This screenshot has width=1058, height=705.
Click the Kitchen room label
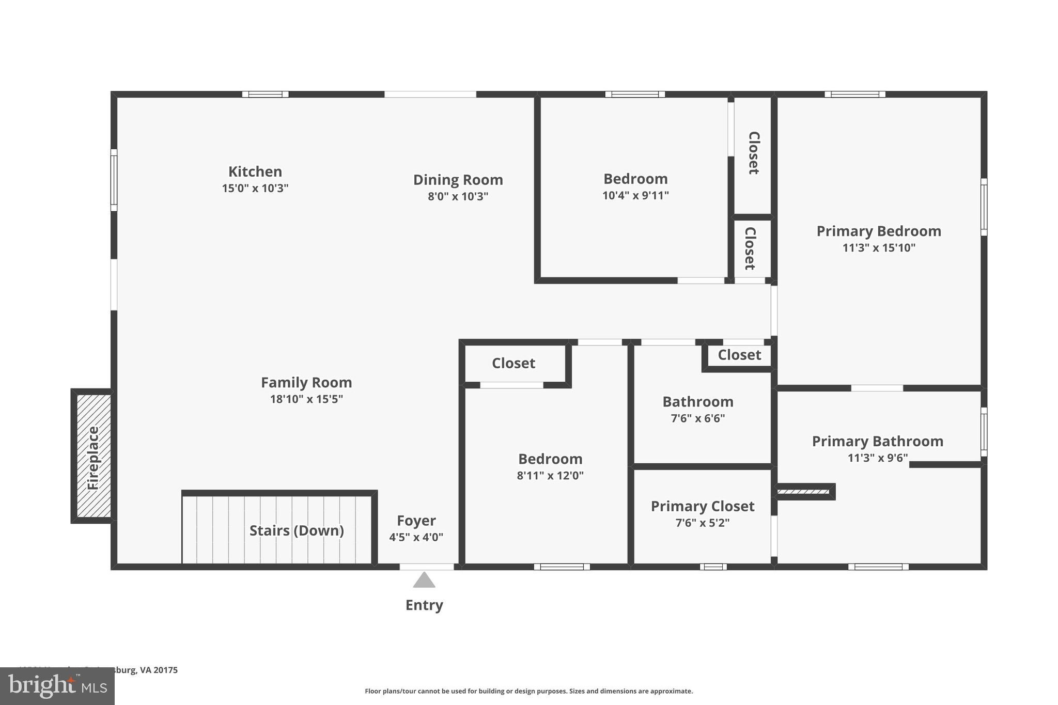pyautogui.click(x=255, y=171)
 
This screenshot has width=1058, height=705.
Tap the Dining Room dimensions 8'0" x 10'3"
pyautogui.click(x=458, y=197)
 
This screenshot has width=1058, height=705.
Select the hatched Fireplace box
pyautogui.click(x=94, y=456)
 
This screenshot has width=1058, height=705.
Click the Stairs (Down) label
pyautogui.click(x=297, y=530)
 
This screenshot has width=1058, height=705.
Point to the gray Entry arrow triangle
pyautogui.click(x=424, y=581)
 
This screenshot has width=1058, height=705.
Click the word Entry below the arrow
pyautogui.click(x=424, y=605)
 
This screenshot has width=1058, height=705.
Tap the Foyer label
pyautogui.click(x=416, y=521)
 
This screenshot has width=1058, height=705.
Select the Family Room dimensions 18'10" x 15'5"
pyautogui.click(x=306, y=399)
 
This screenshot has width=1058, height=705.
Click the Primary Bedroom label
pyautogui.click(x=879, y=231)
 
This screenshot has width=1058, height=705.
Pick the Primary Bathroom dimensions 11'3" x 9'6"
pyautogui.click(x=877, y=458)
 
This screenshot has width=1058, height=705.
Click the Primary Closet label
pyautogui.click(x=703, y=506)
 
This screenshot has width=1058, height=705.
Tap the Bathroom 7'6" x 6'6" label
pyautogui.click(x=698, y=409)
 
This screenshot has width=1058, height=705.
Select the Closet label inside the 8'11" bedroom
pyautogui.click(x=514, y=363)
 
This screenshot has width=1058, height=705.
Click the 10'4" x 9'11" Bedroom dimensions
pyautogui.click(x=635, y=196)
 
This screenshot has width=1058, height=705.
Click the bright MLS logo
pyautogui.click(x=57, y=686)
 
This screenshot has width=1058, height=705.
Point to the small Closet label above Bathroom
pyautogui.click(x=739, y=355)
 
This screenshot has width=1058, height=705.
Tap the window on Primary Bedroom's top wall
pyautogui.click(x=855, y=95)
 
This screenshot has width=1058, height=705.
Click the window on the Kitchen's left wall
pyautogui.click(x=114, y=180)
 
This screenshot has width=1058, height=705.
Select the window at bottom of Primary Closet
pyautogui.click(x=713, y=567)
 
